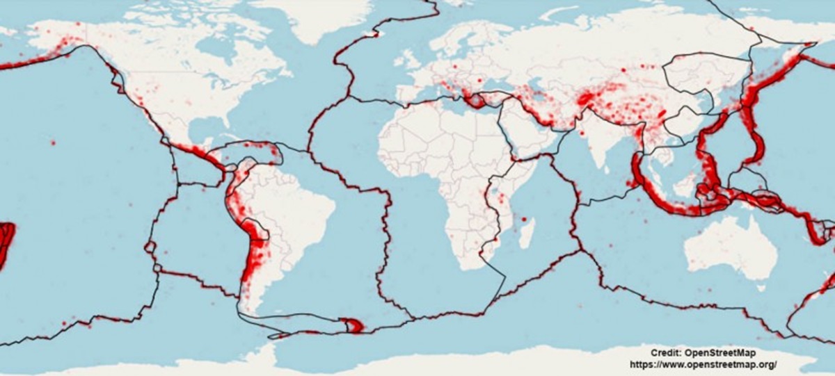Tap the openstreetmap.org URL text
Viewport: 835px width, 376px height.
point(703,363)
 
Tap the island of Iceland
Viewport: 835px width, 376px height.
point(376,33)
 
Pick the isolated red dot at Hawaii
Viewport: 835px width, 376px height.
point(53,142)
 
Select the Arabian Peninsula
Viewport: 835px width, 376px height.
point(525,139)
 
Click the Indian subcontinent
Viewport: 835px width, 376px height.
point(591,149)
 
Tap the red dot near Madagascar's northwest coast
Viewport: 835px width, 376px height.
point(523,219)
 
